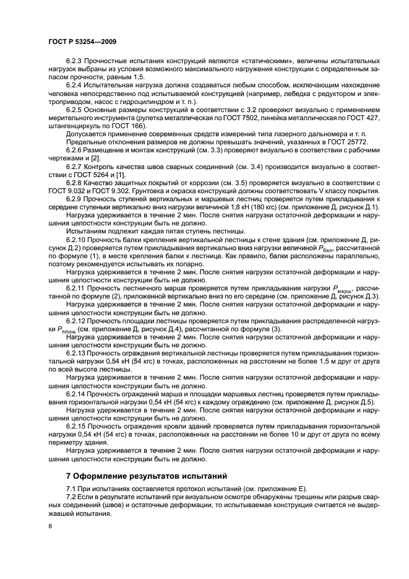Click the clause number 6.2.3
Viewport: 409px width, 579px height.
tap(76, 62)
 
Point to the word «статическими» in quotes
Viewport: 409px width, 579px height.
tap(265, 62)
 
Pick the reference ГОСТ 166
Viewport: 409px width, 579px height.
tap(128, 126)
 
